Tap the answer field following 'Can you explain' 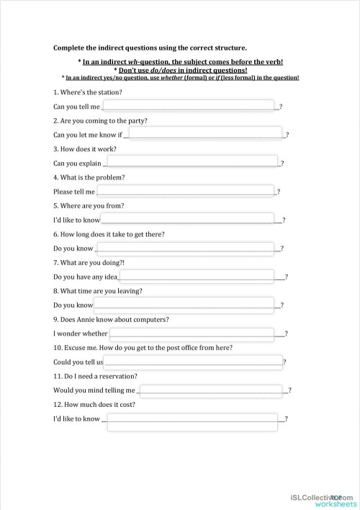tap(193, 163)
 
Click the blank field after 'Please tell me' tap(186, 191)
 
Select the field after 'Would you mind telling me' tap(211, 390)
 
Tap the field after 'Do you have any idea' tap(197, 276)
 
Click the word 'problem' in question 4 tap(113, 177)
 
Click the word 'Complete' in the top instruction tap(69, 48)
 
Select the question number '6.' tap(56, 234)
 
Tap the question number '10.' tap(58, 348)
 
